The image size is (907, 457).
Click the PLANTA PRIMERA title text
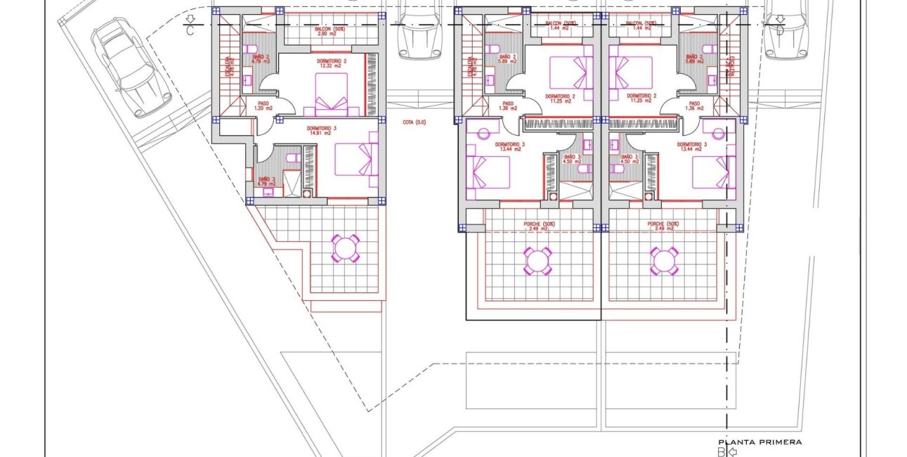[x=759, y=442]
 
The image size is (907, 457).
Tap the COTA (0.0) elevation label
[x=415, y=122]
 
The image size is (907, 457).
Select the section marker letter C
[x=190, y=31]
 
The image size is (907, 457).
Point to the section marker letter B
[x=720, y=452]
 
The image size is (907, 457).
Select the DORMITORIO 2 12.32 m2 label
[x=322, y=63]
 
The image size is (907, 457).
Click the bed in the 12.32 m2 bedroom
[x=331, y=95]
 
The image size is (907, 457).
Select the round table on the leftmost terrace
[x=345, y=248]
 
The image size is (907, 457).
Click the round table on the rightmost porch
[x=663, y=261]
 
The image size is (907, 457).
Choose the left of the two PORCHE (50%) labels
[x=539, y=226]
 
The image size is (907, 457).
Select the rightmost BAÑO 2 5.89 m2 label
[x=693, y=59]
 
